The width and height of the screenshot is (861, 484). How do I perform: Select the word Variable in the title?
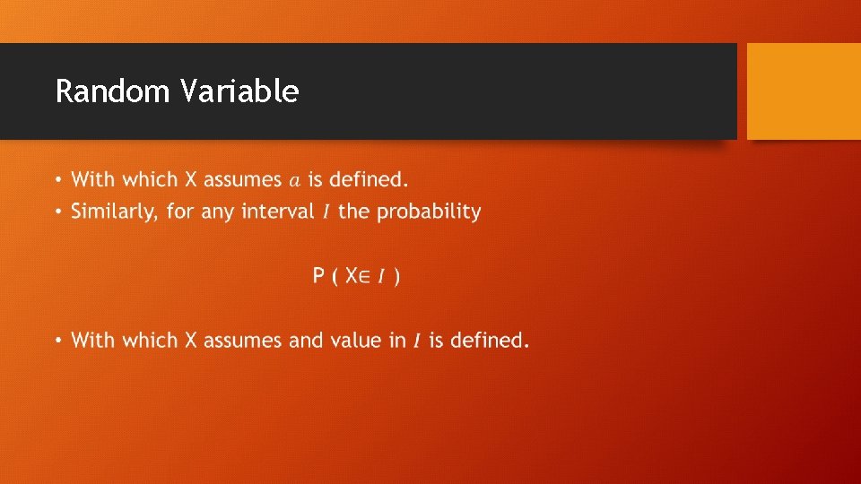(239, 91)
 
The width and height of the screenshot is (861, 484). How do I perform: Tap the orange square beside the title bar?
(804, 91)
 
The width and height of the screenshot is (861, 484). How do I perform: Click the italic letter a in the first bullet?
(295, 180)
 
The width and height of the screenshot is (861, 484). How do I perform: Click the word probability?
(429, 212)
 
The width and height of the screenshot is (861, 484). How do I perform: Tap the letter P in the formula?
(318, 276)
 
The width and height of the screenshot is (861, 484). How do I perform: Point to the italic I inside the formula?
(381, 276)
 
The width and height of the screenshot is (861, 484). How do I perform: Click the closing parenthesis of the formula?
(397, 276)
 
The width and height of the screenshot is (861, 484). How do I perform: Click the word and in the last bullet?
(306, 341)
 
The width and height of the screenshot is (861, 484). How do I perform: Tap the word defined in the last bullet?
(490, 341)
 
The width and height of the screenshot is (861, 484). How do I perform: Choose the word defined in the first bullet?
(369, 179)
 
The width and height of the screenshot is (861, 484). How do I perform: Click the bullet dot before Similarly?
(58, 213)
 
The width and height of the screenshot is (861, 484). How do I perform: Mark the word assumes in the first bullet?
(243, 180)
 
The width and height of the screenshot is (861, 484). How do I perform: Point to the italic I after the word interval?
(326, 213)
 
